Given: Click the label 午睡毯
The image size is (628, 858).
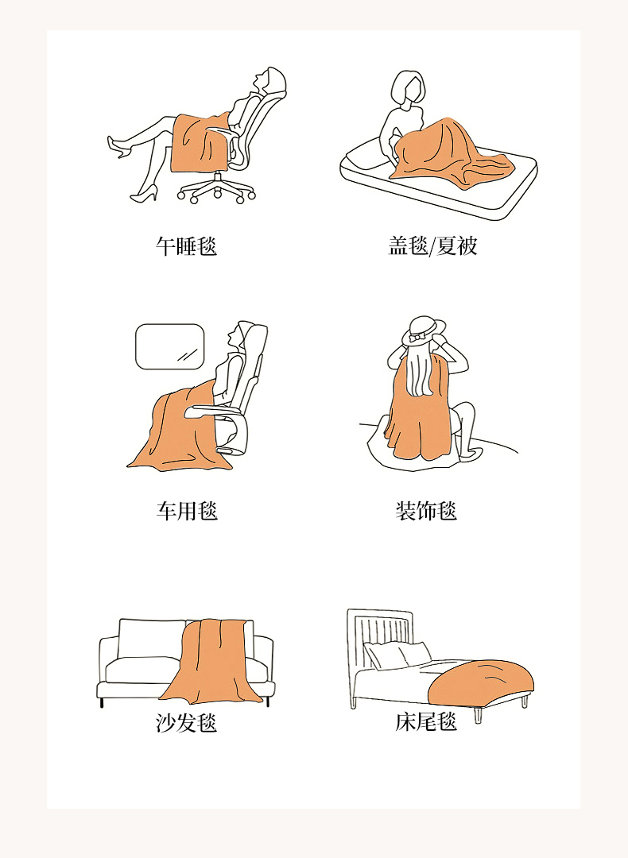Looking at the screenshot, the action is coord(186,246).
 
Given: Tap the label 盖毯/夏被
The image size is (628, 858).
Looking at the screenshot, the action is coord(432,246).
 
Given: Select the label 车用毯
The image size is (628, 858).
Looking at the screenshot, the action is coord(187,511).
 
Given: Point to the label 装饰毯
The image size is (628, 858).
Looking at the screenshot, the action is coord(426,511).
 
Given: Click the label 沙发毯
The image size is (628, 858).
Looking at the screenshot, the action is coord(186,723).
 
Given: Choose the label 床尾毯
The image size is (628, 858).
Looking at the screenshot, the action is coord(426,721).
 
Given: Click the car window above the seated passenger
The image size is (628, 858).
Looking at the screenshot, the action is coord(170,346).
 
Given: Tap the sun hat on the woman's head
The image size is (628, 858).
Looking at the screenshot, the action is coord(424,330).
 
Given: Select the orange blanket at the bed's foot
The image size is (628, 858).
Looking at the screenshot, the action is coord(481,683).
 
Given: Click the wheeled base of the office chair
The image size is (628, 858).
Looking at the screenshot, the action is coord(217,189).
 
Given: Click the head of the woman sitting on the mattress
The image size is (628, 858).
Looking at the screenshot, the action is coord(409,87).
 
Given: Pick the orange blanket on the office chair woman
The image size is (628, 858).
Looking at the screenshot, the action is coord(200,142).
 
